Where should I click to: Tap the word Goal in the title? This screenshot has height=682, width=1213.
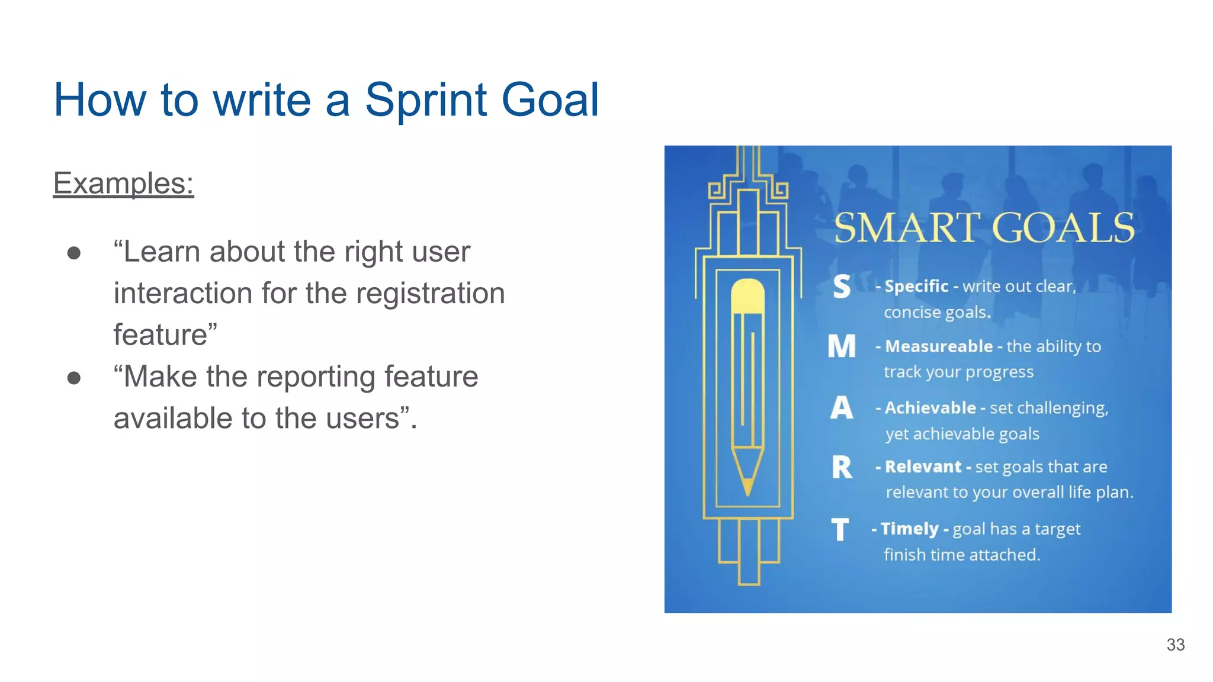click(550, 99)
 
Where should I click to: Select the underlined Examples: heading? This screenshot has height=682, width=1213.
click(123, 183)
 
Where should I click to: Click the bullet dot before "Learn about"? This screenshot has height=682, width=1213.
click(74, 253)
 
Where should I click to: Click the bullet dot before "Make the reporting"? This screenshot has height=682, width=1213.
click(74, 378)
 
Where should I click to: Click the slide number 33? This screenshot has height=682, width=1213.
click(1175, 645)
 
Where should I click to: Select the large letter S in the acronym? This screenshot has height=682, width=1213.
click(842, 287)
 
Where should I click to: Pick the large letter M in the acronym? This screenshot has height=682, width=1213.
click(842, 346)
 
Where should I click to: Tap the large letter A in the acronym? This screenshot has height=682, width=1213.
click(842, 408)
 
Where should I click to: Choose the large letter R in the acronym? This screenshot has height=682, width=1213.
click(842, 467)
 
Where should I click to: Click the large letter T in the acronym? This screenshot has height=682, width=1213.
click(840, 529)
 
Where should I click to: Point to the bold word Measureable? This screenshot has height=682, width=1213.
click(939, 346)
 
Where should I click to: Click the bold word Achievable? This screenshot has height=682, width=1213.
click(930, 408)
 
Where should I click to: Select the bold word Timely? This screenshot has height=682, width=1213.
click(910, 529)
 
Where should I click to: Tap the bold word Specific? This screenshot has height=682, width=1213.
click(916, 287)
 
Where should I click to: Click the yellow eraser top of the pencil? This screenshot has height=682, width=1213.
click(747, 295)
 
